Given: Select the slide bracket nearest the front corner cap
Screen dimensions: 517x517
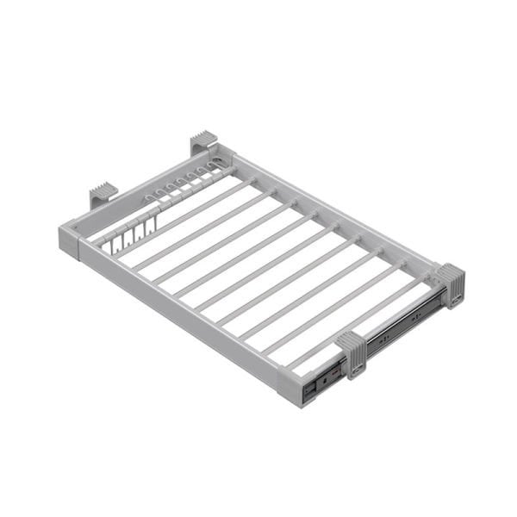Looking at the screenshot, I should pos(351,352).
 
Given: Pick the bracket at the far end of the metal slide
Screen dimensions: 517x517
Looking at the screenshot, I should pos(450,284).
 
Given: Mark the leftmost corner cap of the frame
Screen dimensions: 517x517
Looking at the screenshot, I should pos(70,240).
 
